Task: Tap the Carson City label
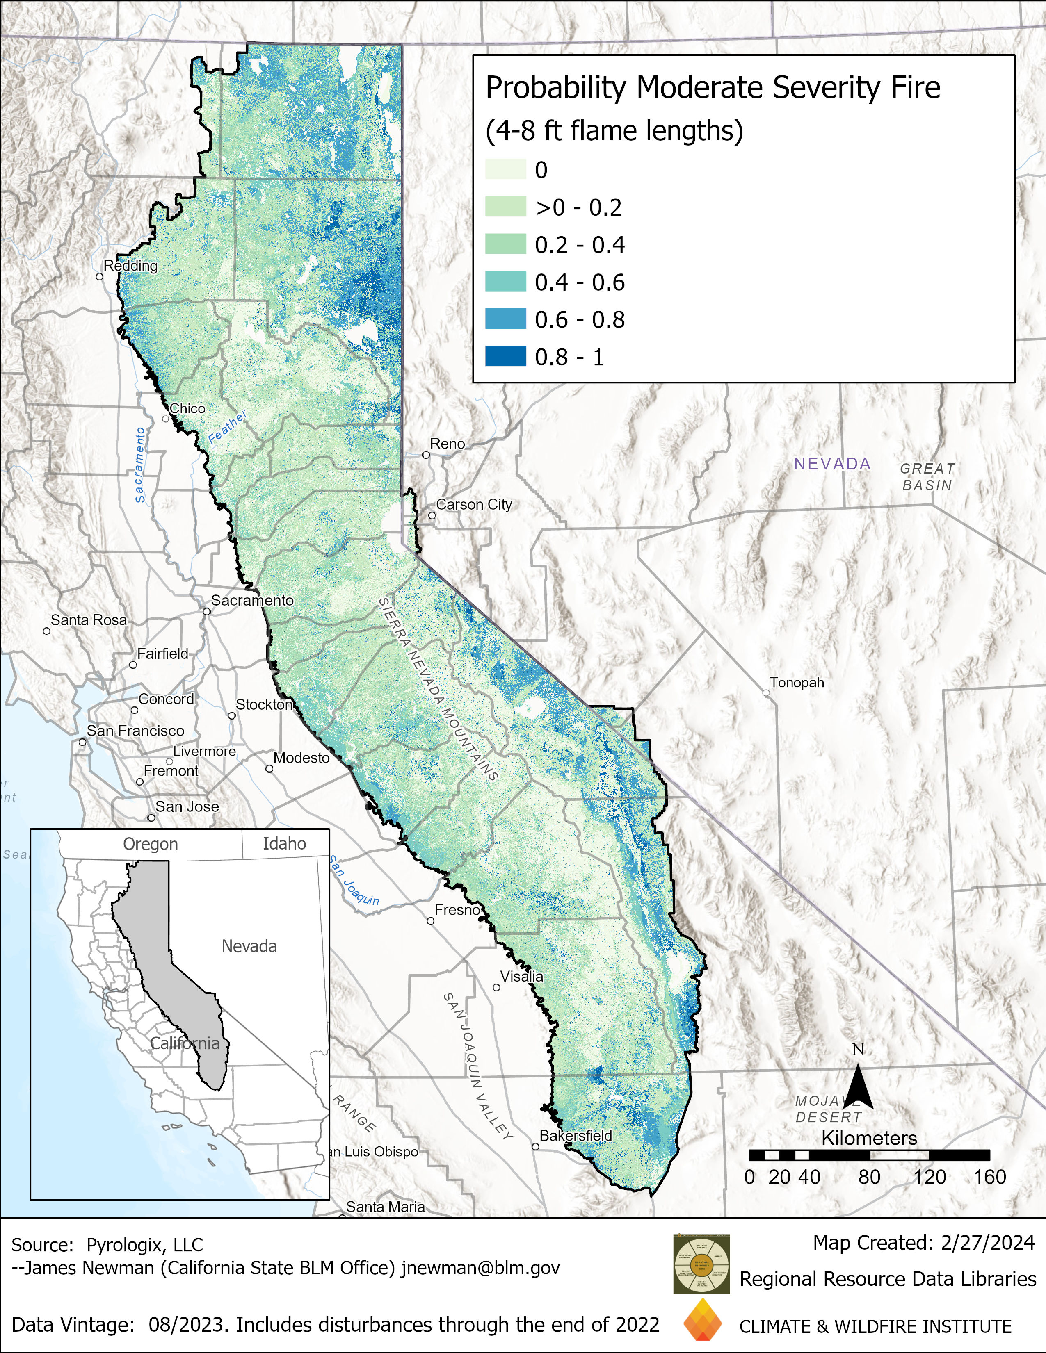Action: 474,504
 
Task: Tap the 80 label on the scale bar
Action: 869,1177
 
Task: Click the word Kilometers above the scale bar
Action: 869,1138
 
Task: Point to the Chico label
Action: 187,408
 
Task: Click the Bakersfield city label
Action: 576,1136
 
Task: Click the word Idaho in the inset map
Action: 284,844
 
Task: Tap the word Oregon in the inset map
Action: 150,844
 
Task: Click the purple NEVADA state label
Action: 832,464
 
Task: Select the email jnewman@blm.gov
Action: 480,1268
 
